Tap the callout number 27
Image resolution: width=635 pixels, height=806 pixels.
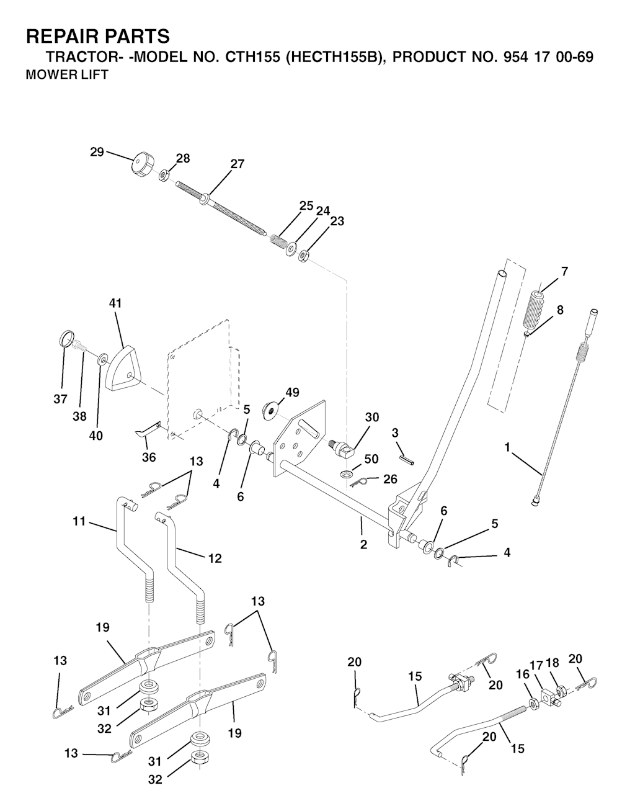238,164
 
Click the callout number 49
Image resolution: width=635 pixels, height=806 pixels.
293,393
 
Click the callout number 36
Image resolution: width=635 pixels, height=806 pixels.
149,457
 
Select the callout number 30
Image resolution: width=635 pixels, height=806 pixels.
372,417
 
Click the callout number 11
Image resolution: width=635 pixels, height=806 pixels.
79,521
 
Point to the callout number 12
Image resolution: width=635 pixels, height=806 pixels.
215,558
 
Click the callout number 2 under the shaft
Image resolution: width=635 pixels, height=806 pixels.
363,545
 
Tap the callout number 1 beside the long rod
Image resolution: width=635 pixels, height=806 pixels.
507,447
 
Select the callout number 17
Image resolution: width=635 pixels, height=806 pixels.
536,665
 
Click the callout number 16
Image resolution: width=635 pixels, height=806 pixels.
523,674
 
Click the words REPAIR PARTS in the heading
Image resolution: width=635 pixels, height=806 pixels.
98,37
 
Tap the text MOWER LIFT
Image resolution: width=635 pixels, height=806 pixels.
66,74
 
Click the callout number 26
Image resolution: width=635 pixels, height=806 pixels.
390,479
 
